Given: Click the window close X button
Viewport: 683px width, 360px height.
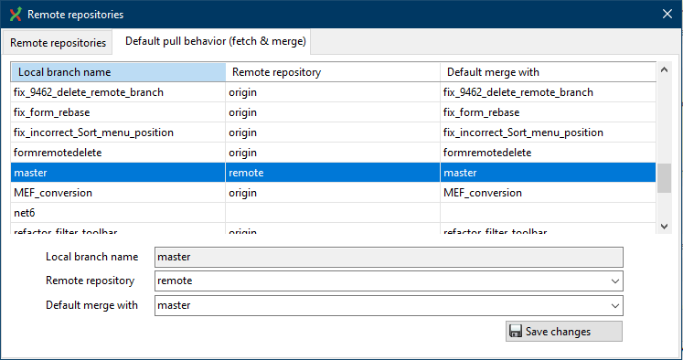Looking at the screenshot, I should pyautogui.click(x=667, y=15).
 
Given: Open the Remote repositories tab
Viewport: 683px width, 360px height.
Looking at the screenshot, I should pyautogui.click(x=59, y=42).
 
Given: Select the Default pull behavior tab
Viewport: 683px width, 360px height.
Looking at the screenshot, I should pyautogui.click(x=216, y=41).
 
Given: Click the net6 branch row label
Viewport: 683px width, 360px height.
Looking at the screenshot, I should pyautogui.click(x=24, y=213).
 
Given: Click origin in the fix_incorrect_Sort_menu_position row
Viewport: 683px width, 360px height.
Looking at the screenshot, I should pyautogui.click(x=242, y=132).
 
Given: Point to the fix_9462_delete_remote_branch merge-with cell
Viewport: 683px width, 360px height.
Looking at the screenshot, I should pyautogui.click(x=518, y=92).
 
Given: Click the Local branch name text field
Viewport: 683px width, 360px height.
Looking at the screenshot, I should pyautogui.click(x=389, y=258).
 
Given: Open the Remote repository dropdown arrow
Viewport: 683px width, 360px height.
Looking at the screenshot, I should pyautogui.click(x=614, y=281).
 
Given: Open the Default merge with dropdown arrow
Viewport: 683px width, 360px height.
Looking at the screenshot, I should pyautogui.click(x=614, y=305).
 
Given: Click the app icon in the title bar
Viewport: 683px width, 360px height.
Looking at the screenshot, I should pyautogui.click(x=14, y=15).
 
